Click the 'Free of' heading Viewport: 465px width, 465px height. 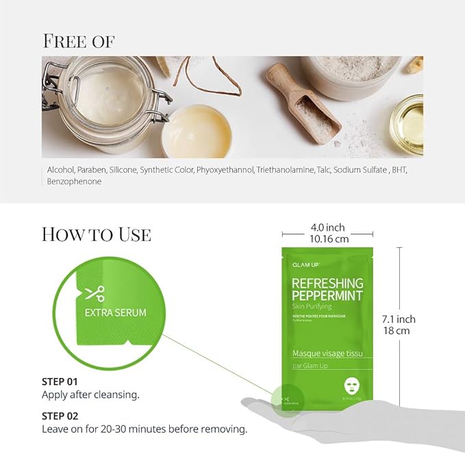78,41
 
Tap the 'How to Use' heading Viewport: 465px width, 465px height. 96,234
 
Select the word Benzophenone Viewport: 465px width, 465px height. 74,181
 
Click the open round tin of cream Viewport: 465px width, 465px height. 195,130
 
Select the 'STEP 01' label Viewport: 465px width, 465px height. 60,381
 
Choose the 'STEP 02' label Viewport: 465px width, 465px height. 60,416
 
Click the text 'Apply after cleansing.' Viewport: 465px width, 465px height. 90,394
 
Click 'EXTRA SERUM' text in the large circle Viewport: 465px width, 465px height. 115,313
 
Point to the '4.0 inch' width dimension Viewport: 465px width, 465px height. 327,227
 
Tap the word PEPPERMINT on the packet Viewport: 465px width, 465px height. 327,296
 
